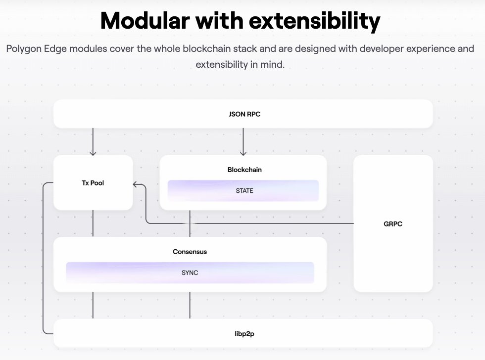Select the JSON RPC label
coord(242,114)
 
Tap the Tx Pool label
coord(93,183)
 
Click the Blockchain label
coord(244,170)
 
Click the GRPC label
coord(393,224)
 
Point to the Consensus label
coord(190,252)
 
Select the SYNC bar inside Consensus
coord(190,272)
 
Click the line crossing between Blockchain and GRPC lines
coord(190,224)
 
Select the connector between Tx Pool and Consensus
coord(93,223)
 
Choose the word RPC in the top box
coord(253,114)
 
